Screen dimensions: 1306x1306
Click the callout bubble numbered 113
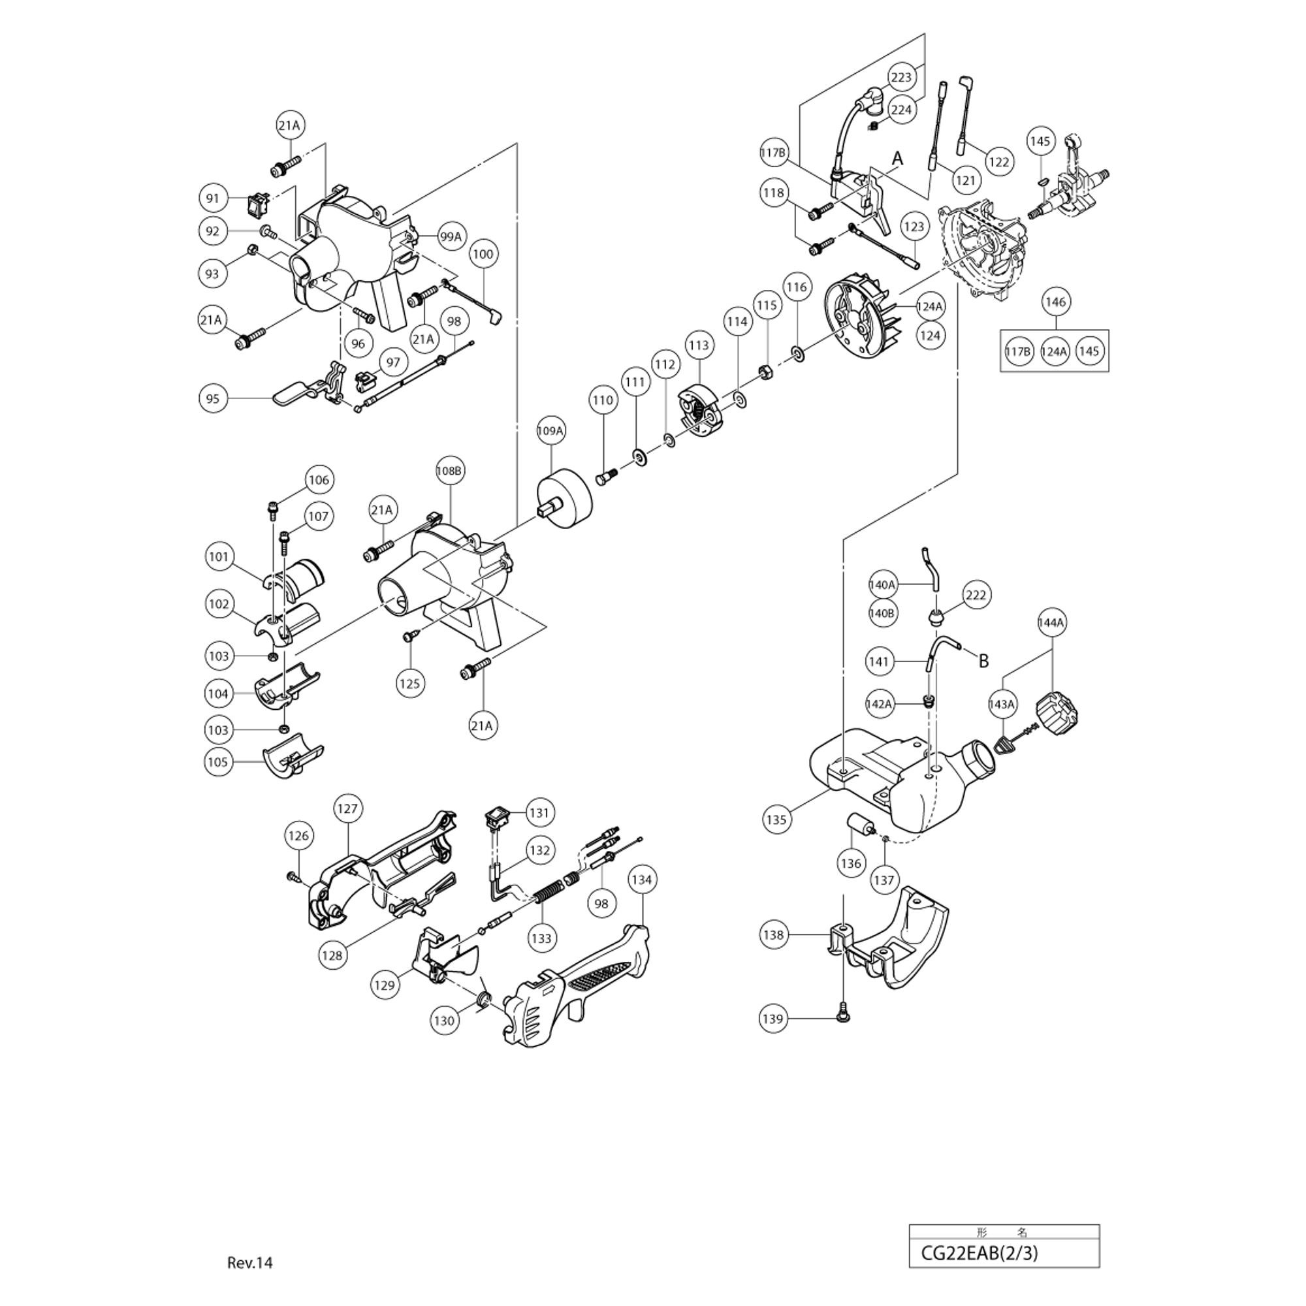pyautogui.click(x=698, y=345)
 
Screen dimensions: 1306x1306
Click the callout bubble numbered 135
pyautogui.click(x=776, y=820)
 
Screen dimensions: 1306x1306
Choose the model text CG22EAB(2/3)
pyautogui.click(x=979, y=1253)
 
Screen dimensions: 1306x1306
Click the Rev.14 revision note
pyautogui.click(x=249, y=1263)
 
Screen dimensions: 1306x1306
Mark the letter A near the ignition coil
pyautogui.click(x=897, y=159)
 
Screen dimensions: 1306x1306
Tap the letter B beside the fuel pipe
pyautogui.click(x=983, y=661)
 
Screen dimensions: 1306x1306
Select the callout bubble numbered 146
pyautogui.click(x=1055, y=302)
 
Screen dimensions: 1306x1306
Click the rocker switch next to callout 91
pyautogui.click(x=257, y=199)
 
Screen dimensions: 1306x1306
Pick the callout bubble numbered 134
pyautogui.click(x=641, y=880)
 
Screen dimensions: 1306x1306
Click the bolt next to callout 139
pyautogui.click(x=842, y=1017)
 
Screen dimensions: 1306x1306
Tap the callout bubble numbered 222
pyautogui.click(x=976, y=595)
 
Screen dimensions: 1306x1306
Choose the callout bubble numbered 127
pyautogui.click(x=347, y=808)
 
